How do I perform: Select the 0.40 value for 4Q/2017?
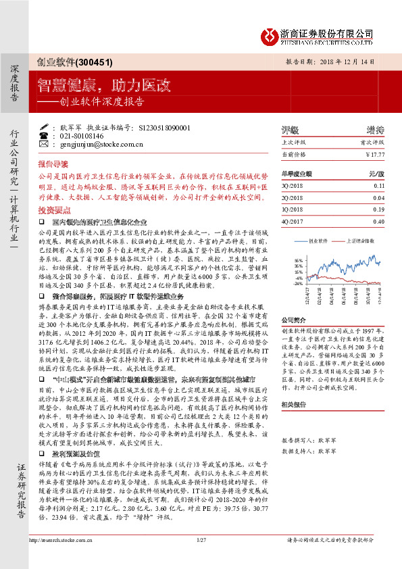(378, 221)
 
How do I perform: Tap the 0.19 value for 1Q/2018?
(378, 209)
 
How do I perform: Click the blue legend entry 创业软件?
(318, 240)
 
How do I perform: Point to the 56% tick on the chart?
(299, 259)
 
